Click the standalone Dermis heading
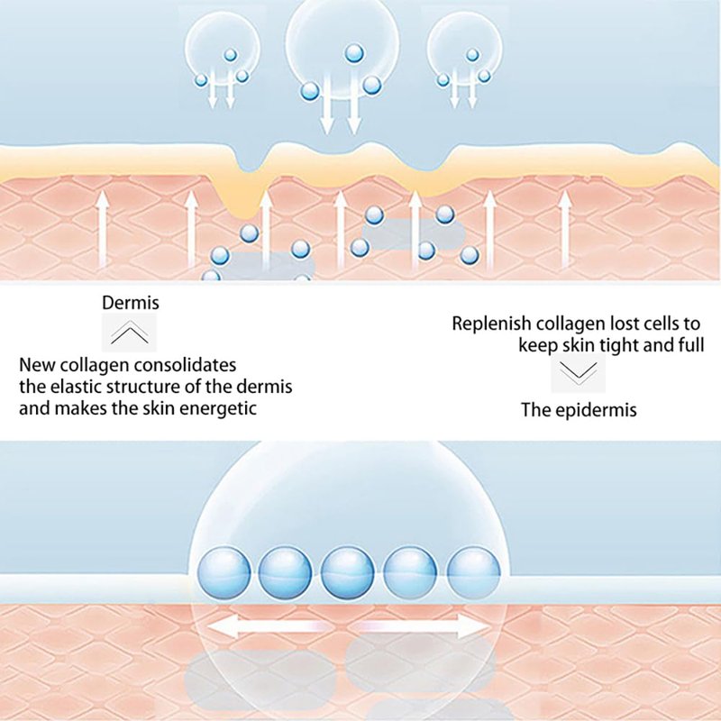pyautogui.click(x=131, y=305)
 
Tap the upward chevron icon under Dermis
pyautogui.click(x=131, y=334)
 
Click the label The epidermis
pyautogui.click(x=579, y=410)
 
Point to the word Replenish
pyautogui.click(x=488, y=324)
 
